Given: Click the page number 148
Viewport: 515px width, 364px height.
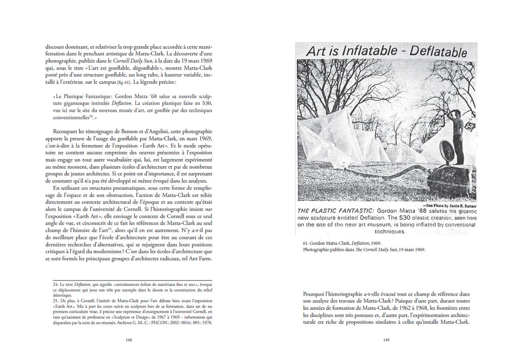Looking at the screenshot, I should (x=128, y=340).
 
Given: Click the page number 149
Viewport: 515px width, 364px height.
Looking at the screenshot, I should (x=386, y=340).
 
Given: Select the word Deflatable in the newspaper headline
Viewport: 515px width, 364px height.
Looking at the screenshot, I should (x=438, y=51).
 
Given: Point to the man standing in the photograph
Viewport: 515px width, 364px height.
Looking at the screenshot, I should (x=457, y=136).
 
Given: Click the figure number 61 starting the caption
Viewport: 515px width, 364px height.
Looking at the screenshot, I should (x=305, y=243).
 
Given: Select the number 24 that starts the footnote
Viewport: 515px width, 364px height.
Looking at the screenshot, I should (x=55, y=284).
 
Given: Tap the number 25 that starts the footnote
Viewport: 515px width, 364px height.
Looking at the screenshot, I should (x=55, y=301).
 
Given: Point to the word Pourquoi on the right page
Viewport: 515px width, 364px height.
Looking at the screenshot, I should (x=316, y=294).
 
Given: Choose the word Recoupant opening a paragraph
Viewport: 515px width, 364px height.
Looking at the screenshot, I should (x=59, y=131).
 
